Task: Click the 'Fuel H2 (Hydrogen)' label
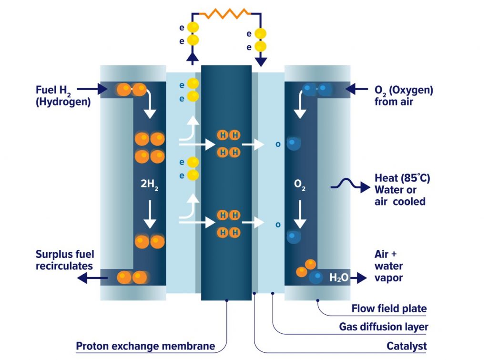[62, 95]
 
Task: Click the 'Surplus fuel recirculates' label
[64, 259]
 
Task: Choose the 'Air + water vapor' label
[388, 266]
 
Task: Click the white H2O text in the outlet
[339, 278]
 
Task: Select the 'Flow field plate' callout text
[389, 309]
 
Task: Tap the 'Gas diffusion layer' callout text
[383, 327]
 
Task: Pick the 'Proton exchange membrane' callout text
[145, 346]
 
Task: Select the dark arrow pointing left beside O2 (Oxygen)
[359, 88]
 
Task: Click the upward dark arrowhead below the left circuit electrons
[193, 58]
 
